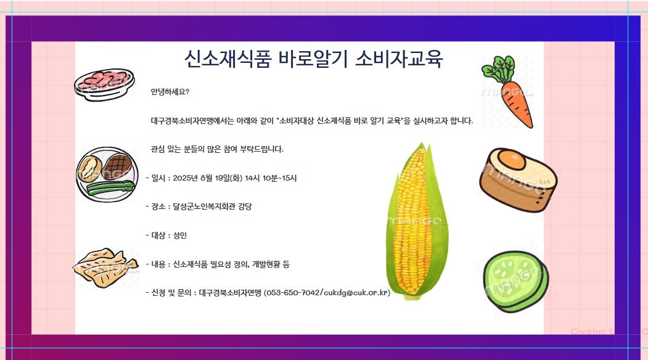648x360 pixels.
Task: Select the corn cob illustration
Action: [x=417, y=221]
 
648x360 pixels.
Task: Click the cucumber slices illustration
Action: [x=516, y=282]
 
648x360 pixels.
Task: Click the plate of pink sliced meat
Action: [x=105, y=84]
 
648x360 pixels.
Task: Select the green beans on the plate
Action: [x=112, y=188]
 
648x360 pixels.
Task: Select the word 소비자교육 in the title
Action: [x=399, y=59]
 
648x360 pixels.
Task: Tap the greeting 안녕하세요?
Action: [x=170, y=92]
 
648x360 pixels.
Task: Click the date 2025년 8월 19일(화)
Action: [x=207, y=178]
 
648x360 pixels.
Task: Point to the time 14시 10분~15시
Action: [x=271, y=178]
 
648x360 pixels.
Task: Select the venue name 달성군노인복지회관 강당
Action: [x=212, y=207]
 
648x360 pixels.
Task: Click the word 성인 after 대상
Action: [x=180, y=235]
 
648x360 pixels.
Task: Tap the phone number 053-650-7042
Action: [x=293, y=293]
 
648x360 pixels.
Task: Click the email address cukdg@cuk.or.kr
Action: [x=355, y=293]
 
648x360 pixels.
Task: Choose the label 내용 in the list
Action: [x=158, y=264]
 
